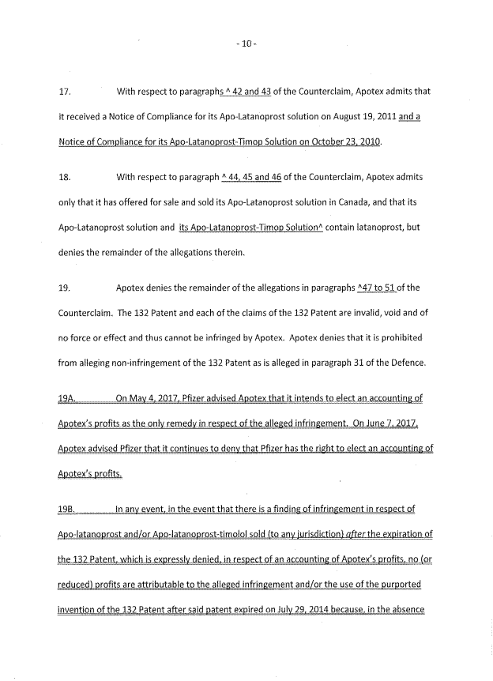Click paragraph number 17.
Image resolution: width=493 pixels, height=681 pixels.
[x=65, y=92]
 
